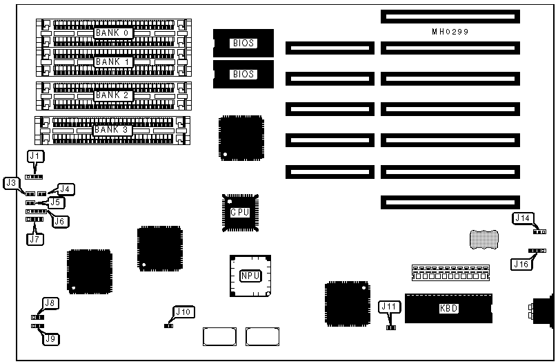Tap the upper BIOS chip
[243, 43]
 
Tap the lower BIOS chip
[243, 74]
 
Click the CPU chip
[240, 212]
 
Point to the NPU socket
[250, 276]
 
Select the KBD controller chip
[448, 308]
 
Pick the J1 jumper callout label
[34, 156]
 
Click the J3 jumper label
[10, 183]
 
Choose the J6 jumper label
[61, 221]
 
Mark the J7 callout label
[34, 239]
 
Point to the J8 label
[50, 303]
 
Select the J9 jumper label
[50, 338]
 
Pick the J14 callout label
[523, 218]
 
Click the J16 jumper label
[521, 262]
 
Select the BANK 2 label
[112, 95]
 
